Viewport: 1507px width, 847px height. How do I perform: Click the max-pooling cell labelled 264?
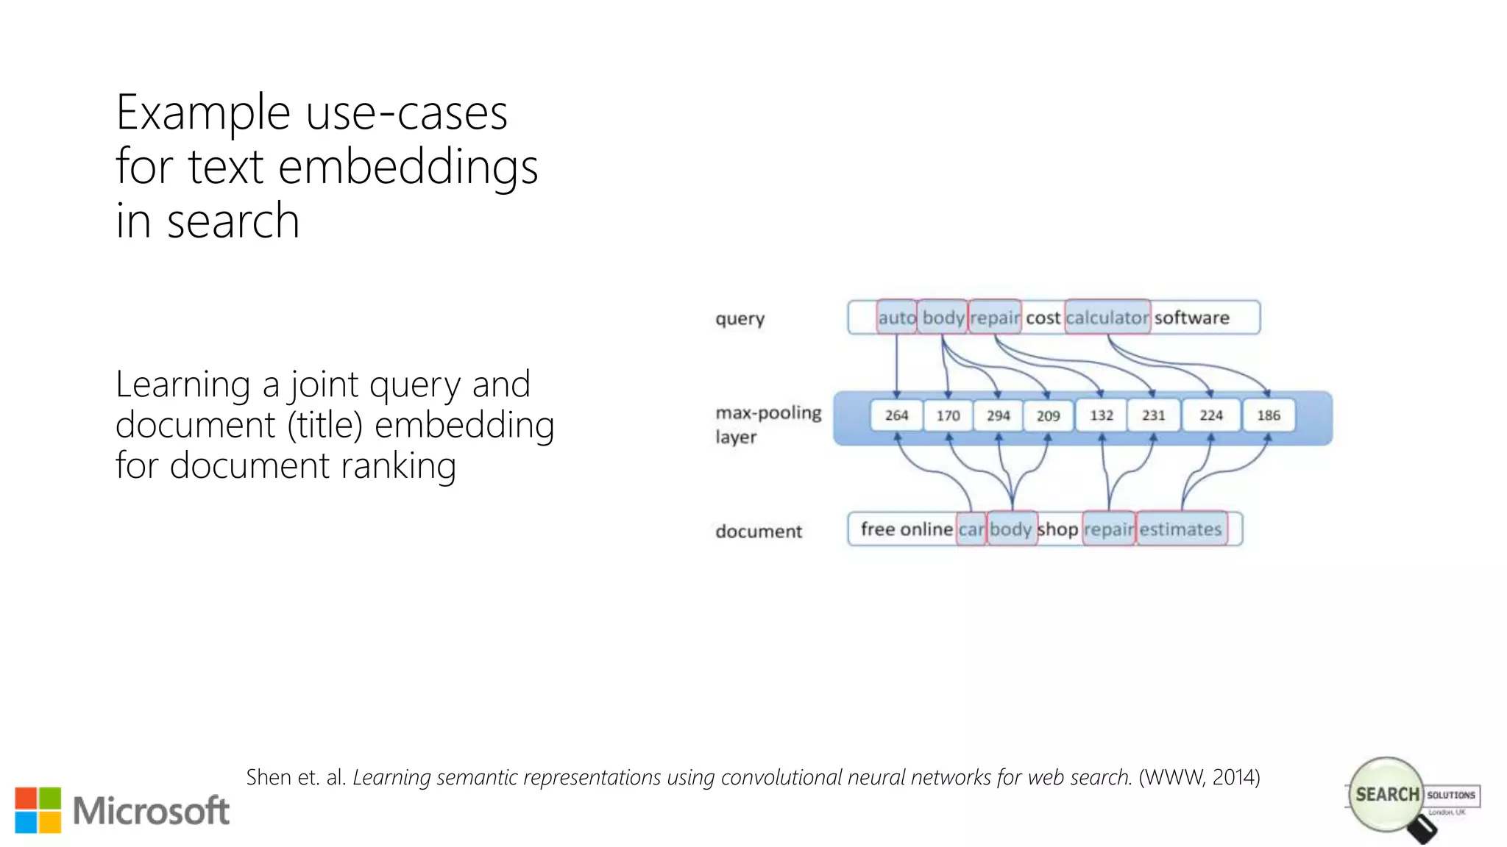tap(896, 415)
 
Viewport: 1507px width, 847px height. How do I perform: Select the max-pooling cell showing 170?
tap(948, 415)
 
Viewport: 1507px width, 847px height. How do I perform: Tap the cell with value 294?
tap(998, 415)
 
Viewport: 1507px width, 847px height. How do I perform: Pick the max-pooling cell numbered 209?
tap(1048, 415)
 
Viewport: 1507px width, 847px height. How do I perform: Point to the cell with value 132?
tap(1101, 415)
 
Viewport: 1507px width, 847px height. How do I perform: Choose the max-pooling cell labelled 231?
tap(1153, 415)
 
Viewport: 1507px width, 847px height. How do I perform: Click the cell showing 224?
tap(1210, 415)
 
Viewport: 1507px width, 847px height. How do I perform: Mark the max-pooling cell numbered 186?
tap(1268, 415)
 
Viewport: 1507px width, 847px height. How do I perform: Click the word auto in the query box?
tap(896, 318)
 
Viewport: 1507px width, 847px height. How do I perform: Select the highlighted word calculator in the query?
tap(1107, 318)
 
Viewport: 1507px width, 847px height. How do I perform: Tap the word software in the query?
tap(1191, 318)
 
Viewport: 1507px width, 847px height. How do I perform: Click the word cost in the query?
tap(1043, 318)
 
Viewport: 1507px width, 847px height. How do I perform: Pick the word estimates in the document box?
tap(1180, 529)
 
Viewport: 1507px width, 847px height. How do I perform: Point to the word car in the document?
tap(971, 529)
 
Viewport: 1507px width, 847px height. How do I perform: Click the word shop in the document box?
tap(1057, 529)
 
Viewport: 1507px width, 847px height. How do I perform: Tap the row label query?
tap(740, 319)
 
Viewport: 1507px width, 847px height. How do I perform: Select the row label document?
tap(758, 531)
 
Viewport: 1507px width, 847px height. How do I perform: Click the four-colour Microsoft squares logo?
tap(38, 810)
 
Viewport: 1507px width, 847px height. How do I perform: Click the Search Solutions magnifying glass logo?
tap(1388, 796)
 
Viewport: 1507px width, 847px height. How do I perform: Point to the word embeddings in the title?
tap(408, 168)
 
